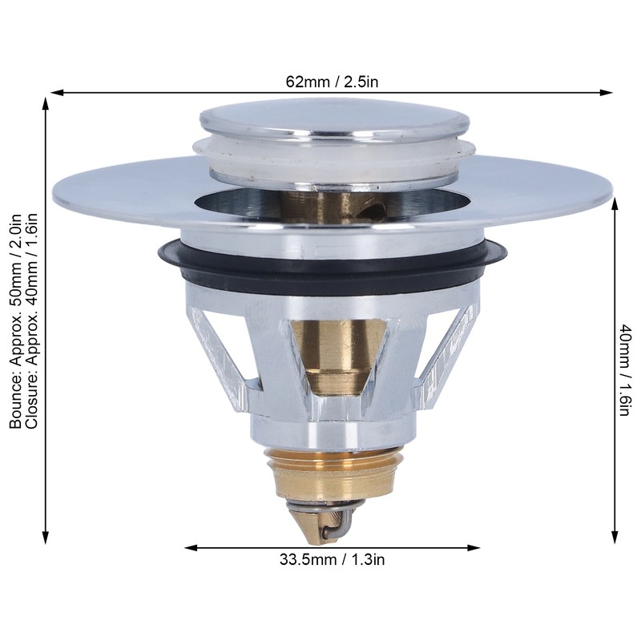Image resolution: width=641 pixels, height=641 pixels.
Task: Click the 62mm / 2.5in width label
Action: click(x=331, y=81)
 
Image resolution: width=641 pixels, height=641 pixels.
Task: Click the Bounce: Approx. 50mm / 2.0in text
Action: click(x=15, y=320)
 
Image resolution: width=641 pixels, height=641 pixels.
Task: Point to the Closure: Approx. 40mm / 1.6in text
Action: click(x=32, y=320)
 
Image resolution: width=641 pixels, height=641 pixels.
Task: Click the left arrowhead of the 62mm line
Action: click(x=56, y=93)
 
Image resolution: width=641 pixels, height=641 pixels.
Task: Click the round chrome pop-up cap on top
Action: click(x=333, y=120)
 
